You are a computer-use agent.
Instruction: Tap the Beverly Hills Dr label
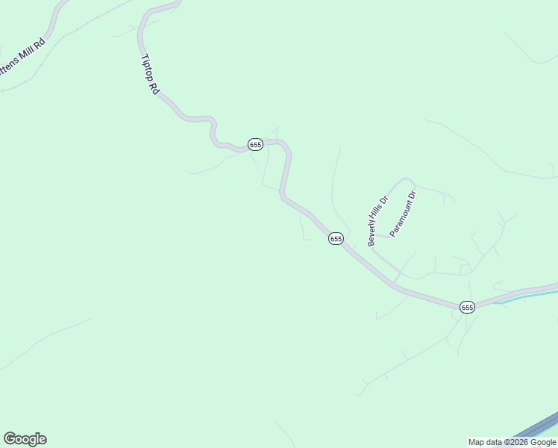[377, 221]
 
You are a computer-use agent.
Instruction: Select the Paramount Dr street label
[403, 214]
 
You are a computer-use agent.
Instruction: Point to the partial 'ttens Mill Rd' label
[23, 60]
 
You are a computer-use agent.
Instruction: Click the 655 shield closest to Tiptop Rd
[255, 143]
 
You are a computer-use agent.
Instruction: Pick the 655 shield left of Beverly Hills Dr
[336, 238]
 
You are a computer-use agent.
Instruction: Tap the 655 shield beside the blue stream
[467, 307]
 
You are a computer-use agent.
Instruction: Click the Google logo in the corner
[25, 439]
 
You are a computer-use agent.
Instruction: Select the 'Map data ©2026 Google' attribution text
[512, 442]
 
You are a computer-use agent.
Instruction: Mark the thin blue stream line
[522, 297]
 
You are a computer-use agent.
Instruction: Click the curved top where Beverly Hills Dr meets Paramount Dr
[405, 179]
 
